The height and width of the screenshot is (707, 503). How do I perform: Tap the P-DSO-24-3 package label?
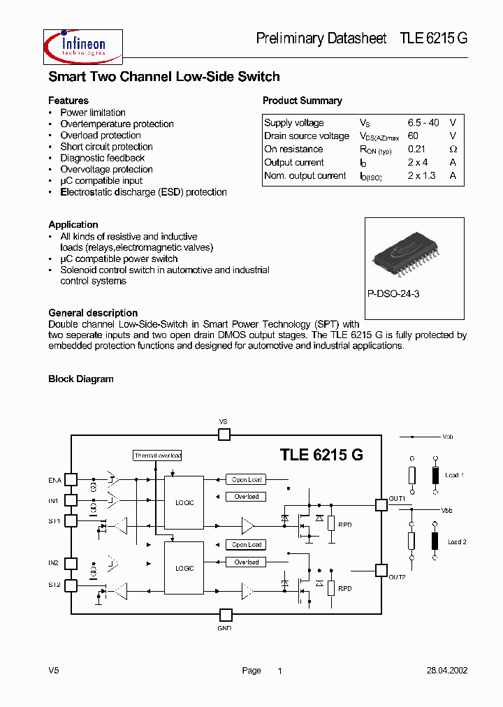coord(393,294)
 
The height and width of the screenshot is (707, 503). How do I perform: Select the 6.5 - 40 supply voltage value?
coord(423,123)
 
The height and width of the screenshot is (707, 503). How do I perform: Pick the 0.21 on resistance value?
coord(416,149)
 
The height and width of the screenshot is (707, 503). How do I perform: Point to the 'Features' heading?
coord(68,101)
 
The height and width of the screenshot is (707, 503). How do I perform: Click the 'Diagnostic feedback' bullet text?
coord(102,158)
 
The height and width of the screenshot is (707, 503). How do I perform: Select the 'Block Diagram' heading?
coord(80,379)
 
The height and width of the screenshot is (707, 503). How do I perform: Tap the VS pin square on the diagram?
coord(224,435)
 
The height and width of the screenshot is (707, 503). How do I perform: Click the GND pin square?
coord(225,615)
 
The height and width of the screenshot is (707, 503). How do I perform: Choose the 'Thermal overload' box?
coord(157,455)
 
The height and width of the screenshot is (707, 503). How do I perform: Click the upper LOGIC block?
coord(184,502)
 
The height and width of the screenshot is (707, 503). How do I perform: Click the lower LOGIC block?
coord(184,568)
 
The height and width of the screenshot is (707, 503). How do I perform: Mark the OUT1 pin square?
coord(381,504)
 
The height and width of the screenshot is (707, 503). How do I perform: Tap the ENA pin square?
coord(71,480)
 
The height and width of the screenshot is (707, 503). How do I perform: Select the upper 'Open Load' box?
coord(247,480)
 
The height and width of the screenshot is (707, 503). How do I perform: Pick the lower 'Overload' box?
coord(247,562)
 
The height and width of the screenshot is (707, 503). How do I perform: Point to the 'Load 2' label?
coord(457,542)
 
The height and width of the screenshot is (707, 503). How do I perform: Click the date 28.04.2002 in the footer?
coord(447,671)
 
